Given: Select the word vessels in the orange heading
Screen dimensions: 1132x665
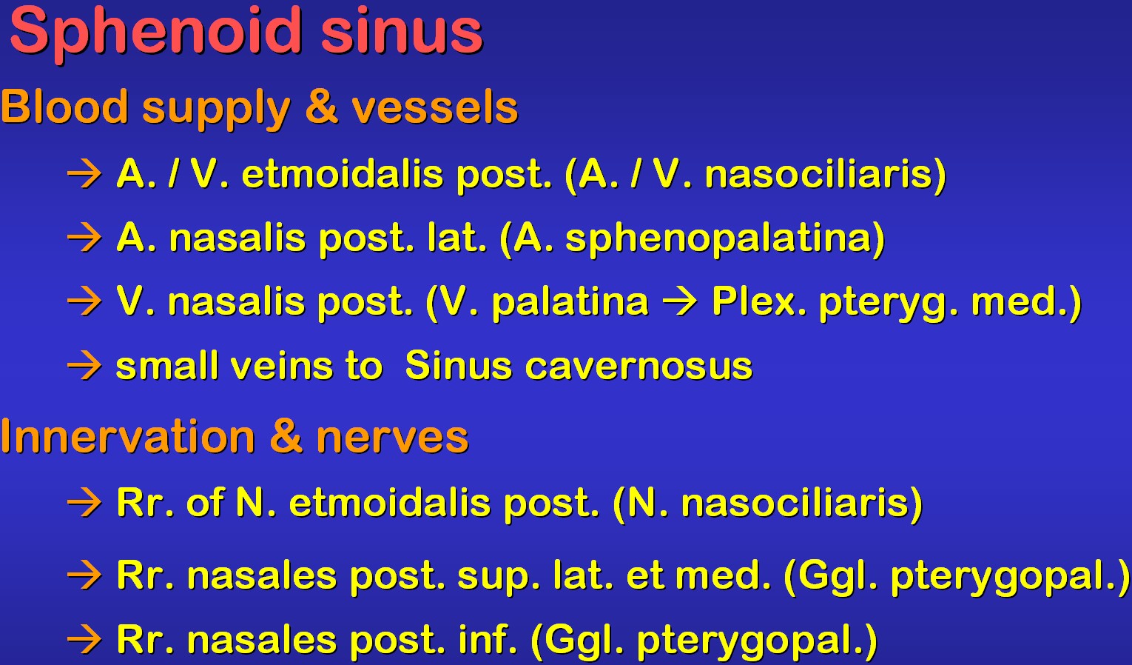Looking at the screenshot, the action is pyautogui.click(x=434, y=107).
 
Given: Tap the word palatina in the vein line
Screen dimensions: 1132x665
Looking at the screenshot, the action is pyautogui.click(x=570, y=302).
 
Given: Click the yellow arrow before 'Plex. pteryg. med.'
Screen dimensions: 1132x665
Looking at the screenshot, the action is pyautogui.click(x=680, y=302).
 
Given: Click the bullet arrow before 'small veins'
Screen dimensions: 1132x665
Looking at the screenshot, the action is pyautogui.click(x=84, y=366).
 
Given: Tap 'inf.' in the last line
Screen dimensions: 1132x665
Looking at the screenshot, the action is pyautogui.click(x=488, y=639).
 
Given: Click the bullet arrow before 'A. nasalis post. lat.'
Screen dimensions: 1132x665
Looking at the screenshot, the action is pyautogui.click(x=84, y=238).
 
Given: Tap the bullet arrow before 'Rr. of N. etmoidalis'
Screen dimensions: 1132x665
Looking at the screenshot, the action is pyautogui.click(x=84, y=503).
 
